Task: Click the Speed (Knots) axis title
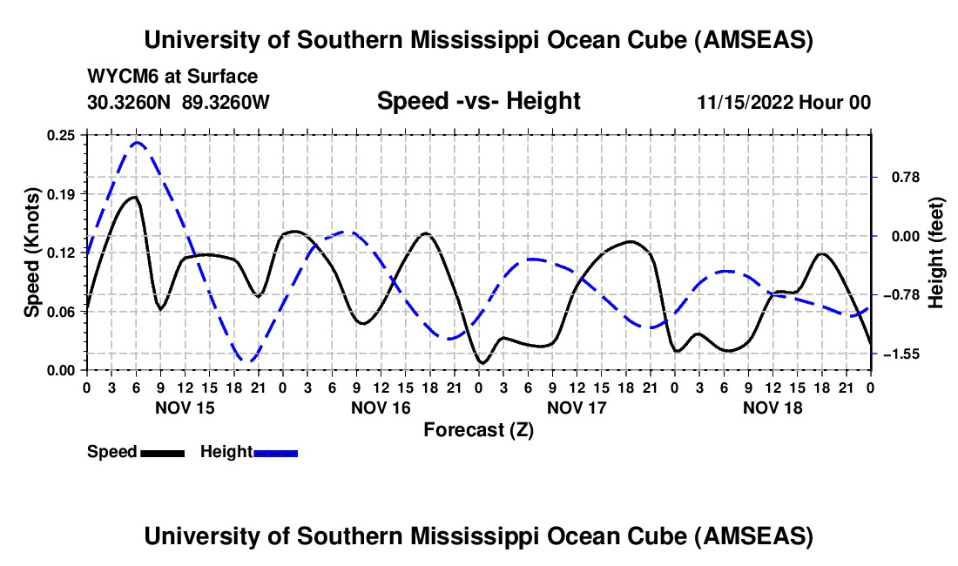coord(31,252)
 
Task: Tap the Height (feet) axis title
coord(936,253)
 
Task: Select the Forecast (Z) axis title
coord(478,429)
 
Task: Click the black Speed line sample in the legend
coord(162,452)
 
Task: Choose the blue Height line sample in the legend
coord(276,452)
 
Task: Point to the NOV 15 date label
coord(186,407)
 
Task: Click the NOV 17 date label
coord(577,407)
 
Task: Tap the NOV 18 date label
coord(772,407)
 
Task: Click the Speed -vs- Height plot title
coord(478,101)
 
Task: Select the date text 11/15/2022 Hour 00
coord(784,102)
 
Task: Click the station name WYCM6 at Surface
coord(172,77)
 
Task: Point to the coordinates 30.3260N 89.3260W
coord(179,102)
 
